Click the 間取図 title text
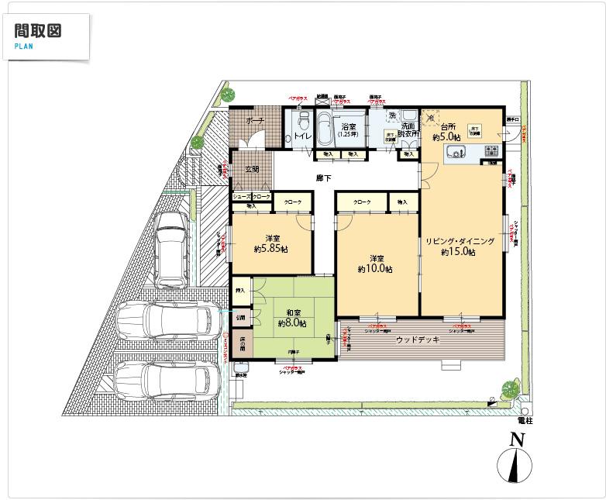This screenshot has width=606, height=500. click(37, 31)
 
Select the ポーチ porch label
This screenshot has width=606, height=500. click(254, 122)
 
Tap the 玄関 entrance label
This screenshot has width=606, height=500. click(252, 170)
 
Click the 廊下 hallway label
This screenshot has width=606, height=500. click(324, 178)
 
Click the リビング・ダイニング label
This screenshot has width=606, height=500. click(460, 242)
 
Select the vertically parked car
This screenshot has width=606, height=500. click(170, 248)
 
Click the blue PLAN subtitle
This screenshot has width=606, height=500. click(23, 47)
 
